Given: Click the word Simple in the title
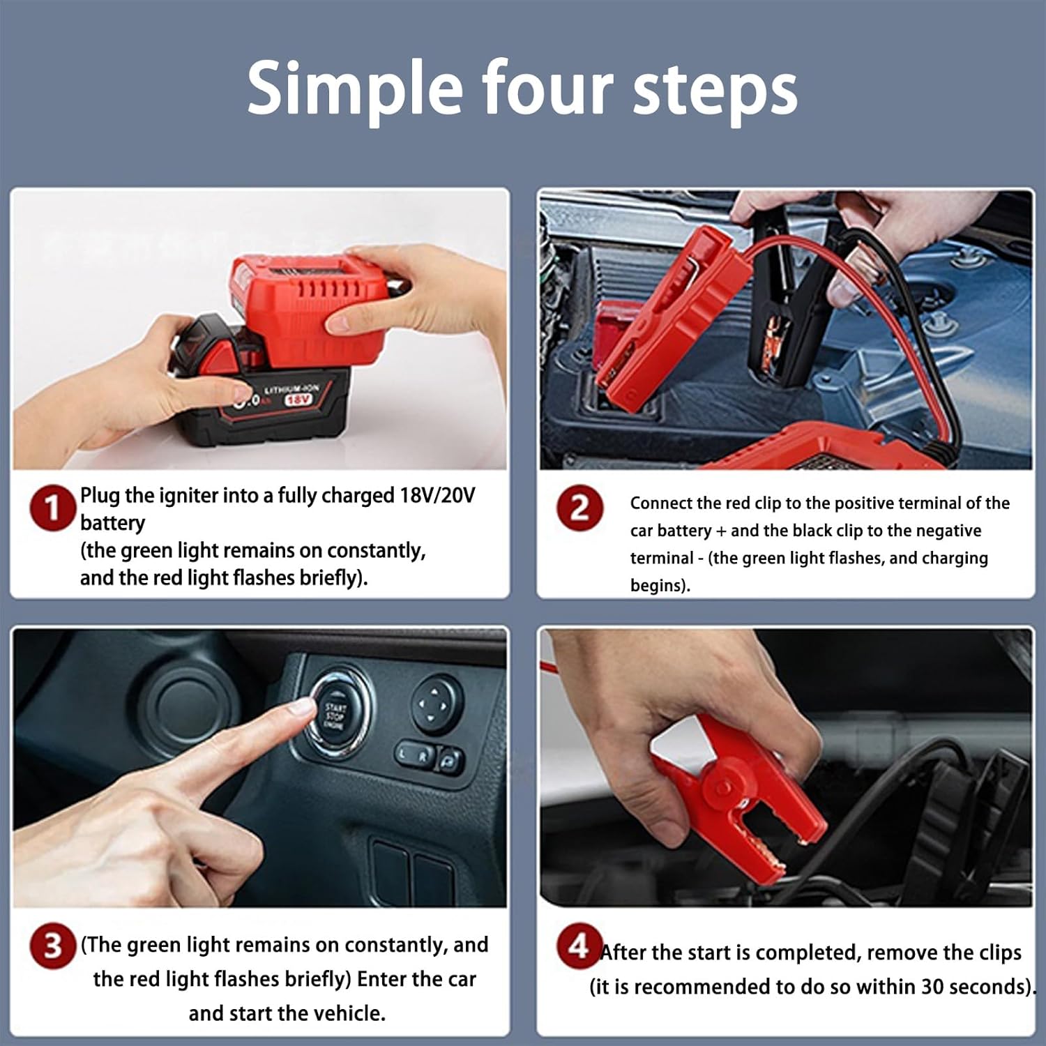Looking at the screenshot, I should coord(354,89).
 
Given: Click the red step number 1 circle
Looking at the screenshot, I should coord(52,508).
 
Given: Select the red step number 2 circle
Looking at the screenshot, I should coord(579,508).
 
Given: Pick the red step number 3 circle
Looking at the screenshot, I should coord(52,946).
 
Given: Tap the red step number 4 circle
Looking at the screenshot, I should coord(579,946).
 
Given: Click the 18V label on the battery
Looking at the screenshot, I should coord(298,400).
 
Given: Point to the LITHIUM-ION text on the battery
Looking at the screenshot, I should coord(291,388).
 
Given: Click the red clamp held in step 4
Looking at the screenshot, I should coord(739,802).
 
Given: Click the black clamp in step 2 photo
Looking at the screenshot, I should coord(774,307).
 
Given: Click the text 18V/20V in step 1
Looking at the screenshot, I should coord(437,495).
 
